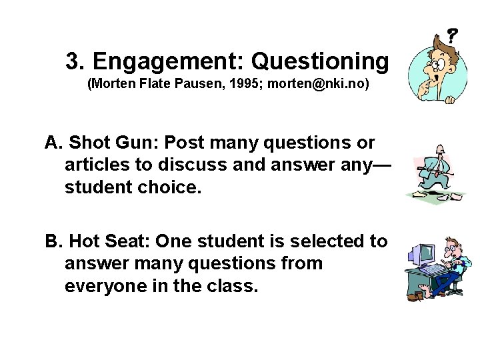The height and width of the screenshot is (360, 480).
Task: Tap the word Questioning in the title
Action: tap(319, 62)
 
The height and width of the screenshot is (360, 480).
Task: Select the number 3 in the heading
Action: tap(73, 61)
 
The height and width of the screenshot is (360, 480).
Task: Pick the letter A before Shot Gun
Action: tap(51, 143)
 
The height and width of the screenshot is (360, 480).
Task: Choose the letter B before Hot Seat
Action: tap(51, 241)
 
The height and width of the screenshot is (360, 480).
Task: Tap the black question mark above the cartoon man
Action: tap(452, 35)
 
